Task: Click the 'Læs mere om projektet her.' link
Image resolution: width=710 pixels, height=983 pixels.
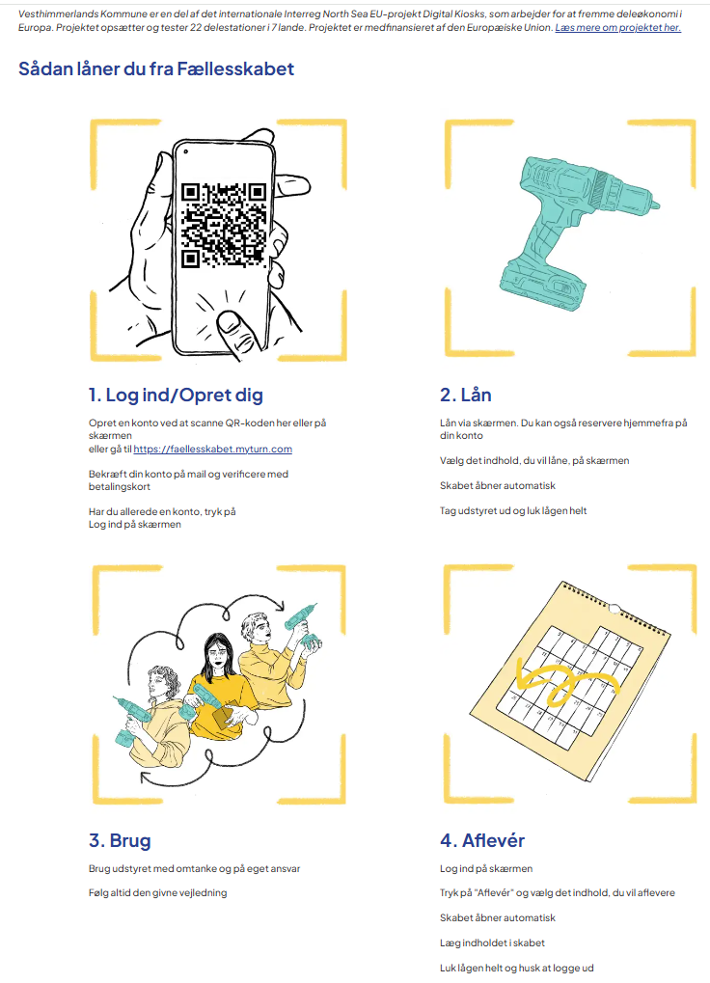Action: (618, 28)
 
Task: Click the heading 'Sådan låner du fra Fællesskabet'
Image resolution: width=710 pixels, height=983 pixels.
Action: (156, 68)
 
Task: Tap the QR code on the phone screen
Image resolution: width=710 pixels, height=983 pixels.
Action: (224, 226)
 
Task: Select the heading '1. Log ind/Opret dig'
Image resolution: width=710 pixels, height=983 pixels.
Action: (176, 395)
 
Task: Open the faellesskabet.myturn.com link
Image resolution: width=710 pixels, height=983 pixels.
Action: (212, 449)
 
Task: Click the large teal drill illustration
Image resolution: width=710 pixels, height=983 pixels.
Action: (577, 231)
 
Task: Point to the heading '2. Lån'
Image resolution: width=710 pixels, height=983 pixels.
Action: (466, 395)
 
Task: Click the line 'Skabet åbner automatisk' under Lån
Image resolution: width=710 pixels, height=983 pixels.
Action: (498, 485)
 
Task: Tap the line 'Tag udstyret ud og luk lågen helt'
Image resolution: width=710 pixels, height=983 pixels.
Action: (513, 510)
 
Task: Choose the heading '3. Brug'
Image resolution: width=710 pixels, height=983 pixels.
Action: (120, 840)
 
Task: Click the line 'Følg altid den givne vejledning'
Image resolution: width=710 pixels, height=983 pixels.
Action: (157, 892)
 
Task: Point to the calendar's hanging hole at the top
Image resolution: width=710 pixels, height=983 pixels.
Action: (614, 608)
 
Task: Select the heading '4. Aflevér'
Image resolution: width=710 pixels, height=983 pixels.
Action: (482, 840)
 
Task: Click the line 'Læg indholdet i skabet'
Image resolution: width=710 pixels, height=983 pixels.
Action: (492, 942)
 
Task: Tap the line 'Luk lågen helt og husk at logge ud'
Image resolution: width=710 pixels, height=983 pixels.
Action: (516, 968)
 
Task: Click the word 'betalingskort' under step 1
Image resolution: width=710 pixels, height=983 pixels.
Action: (119, 486)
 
